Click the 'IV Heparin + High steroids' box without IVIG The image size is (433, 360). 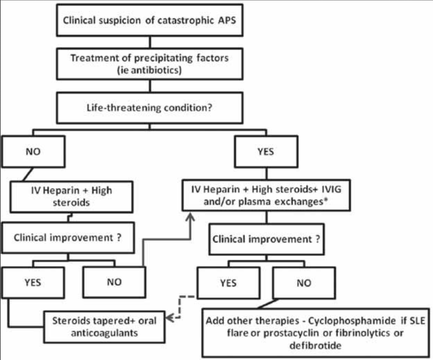pos(71,196)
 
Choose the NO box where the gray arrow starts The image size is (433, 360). pos(114,282)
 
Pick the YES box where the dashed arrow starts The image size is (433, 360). pos(228,282)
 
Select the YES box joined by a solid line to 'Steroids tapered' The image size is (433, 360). pos(33,282)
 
